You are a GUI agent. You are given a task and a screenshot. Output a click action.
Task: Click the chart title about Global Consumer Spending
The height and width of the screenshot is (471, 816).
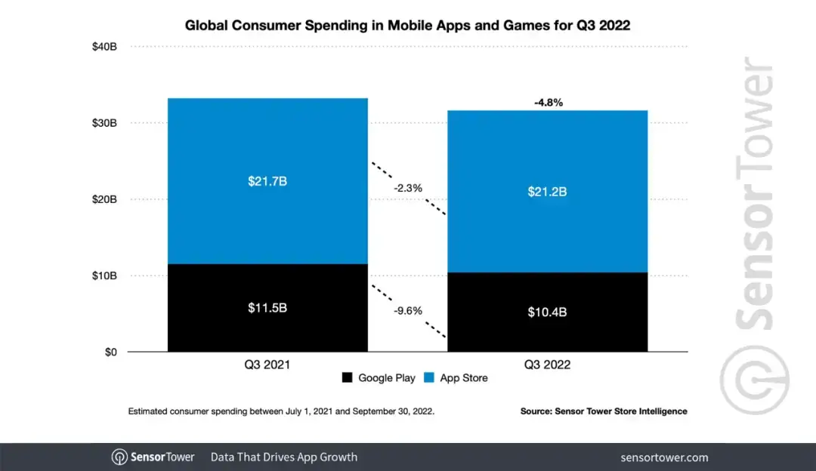(x=408, y=26)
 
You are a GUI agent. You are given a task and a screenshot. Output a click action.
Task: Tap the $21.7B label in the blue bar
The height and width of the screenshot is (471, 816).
(x=267, y=182)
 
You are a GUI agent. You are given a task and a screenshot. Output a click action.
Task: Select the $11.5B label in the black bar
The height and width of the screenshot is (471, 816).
(x=267, y=308)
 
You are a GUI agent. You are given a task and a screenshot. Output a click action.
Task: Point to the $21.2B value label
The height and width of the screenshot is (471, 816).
(x=547, y=192)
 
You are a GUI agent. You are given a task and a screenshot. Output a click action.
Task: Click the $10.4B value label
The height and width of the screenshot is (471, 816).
(x=547, y=312)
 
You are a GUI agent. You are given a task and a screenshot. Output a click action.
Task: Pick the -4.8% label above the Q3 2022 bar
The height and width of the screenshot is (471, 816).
(x=549, y=102)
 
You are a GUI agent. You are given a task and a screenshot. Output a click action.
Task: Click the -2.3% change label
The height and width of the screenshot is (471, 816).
(x=408, y=187)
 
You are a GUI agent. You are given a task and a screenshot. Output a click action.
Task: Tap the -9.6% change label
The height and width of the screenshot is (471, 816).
(x=408, y=310)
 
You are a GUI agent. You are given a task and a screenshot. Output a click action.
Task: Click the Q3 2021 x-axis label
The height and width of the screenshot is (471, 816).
(x=267, y=365)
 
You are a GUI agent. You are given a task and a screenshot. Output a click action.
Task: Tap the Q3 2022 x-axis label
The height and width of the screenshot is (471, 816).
(x=547, y=365)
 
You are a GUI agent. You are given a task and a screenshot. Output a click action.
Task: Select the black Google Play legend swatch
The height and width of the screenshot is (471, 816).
(x=348, y=377)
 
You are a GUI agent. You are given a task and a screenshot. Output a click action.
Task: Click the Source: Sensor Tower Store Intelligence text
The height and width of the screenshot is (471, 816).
(x=604, y=411)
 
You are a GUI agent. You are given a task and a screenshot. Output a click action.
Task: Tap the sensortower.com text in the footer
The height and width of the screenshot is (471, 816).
(x=664, y=457)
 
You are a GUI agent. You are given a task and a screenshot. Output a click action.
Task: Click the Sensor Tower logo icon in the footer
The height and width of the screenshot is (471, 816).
(x=120, y=457)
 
